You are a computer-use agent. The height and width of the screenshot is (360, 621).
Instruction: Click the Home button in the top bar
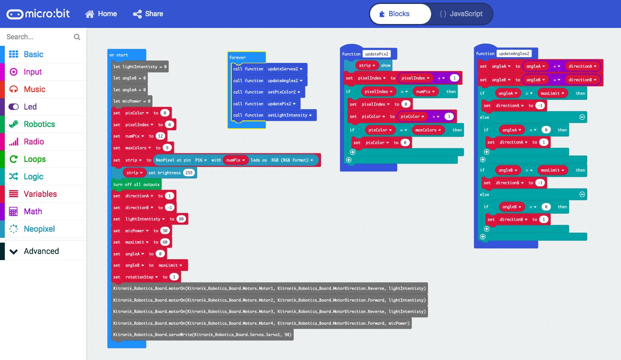point(101,14)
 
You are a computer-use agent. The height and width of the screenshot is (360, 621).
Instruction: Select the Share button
point(148,14)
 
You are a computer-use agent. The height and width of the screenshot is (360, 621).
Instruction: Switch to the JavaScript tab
point(461,14)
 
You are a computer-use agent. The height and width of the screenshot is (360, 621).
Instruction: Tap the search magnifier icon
point(77,37)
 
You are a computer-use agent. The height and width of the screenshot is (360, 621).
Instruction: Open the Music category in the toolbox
point(34,89)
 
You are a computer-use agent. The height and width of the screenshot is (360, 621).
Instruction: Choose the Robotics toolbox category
point(39,124)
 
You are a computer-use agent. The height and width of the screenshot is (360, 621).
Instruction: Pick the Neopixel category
point(39,229)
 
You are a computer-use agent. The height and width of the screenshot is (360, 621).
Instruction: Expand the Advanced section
point(41,251)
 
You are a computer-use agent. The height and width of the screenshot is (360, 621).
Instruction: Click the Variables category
point(40,194)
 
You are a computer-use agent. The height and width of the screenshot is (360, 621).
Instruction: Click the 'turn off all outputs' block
point(136,185)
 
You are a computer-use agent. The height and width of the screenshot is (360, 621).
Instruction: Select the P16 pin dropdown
point(201,160)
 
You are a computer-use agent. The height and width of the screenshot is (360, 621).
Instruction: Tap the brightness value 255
point(189,173)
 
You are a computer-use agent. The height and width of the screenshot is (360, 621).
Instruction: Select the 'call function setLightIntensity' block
point(273,115)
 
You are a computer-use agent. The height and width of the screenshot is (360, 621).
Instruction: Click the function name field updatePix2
point(376,54)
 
